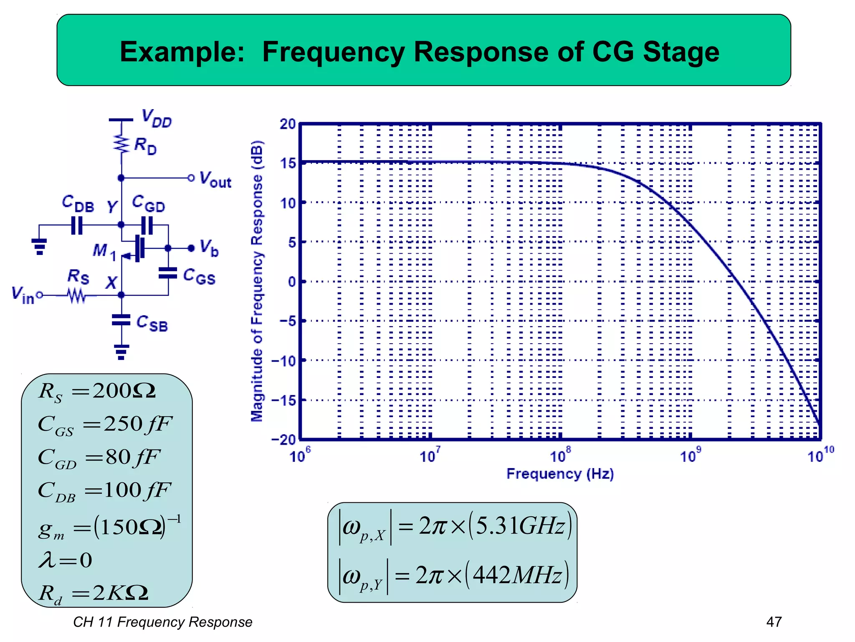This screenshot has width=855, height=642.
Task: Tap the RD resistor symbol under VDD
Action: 121,143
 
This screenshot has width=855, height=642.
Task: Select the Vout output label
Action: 215,179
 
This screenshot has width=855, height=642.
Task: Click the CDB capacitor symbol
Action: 77,225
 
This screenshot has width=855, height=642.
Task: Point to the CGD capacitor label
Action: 149,204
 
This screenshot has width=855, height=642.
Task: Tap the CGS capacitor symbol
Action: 168,273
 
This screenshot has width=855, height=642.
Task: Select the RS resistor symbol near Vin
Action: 77,296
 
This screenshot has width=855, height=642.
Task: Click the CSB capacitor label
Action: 152,323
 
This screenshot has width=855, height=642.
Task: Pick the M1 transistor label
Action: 104,251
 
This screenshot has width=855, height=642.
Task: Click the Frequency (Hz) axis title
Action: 560,474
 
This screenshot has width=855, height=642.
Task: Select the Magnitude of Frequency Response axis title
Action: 257,281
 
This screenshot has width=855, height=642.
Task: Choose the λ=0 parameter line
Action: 65,560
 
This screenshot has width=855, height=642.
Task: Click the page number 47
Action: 774,622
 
